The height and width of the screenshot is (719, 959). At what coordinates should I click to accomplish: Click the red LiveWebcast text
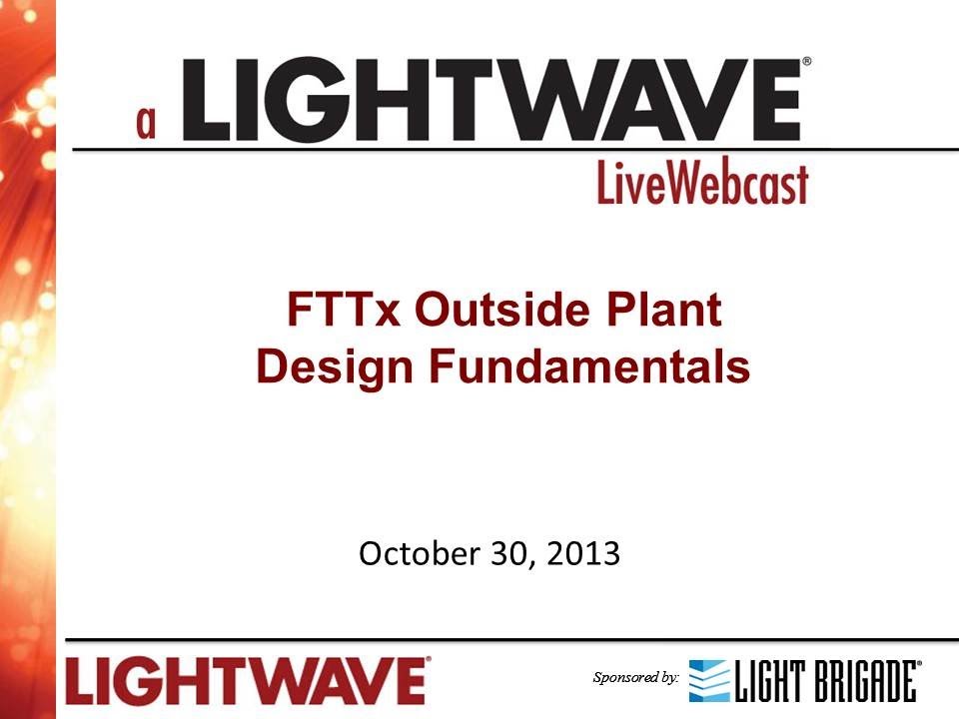[702, 185]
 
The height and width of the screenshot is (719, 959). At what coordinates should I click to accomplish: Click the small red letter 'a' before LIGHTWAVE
[148, 121]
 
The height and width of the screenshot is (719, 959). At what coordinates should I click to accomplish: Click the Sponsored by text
[635, 678]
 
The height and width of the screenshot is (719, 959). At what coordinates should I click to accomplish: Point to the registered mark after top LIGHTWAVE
[806, 62]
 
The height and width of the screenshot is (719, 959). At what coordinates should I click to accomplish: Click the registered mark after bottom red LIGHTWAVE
[429, 660]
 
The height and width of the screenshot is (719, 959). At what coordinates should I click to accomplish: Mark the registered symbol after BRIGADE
[920, 664]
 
